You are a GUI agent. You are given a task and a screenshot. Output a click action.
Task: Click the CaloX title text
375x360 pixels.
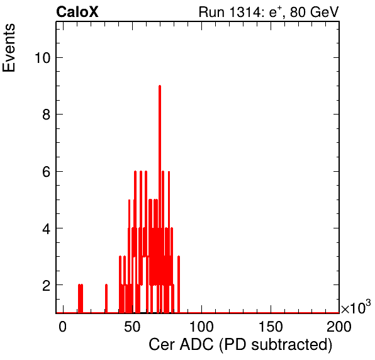point(77,12)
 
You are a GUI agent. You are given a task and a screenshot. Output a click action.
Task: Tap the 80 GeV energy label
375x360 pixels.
point(314,12)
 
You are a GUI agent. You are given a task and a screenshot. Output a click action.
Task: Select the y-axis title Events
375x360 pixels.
point(9,48)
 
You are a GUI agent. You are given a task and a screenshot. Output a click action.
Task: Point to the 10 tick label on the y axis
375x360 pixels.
point(43,58)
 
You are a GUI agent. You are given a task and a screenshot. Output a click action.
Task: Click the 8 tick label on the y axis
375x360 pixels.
point(47,115)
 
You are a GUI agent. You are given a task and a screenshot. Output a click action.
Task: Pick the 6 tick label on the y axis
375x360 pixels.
point(47,172)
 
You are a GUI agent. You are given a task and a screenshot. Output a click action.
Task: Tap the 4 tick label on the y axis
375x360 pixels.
point(47,228)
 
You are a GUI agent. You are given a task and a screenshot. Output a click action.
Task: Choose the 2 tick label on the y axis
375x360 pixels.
point(47,285)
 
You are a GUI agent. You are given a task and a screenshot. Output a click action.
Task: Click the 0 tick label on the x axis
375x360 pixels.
point(63,327)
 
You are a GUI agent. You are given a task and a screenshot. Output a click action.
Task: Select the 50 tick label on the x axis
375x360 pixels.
point(132,327)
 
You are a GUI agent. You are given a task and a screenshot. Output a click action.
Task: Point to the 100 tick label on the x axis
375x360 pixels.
point(201,327)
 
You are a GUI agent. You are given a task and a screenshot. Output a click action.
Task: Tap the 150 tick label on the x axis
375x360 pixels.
point(271,327)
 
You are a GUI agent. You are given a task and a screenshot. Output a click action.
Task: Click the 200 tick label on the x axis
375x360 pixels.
point(339,327)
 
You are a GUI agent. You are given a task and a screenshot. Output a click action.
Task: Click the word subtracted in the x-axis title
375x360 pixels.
point(288,345)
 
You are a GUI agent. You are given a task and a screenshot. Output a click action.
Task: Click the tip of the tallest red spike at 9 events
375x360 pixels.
point(160,86)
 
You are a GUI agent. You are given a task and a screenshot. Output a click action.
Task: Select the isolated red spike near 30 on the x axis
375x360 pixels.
point(106,298)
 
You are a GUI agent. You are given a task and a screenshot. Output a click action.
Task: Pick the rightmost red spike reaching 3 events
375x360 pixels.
point(179,284)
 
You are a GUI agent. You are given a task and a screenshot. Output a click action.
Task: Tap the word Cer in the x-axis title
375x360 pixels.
point(162,345)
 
